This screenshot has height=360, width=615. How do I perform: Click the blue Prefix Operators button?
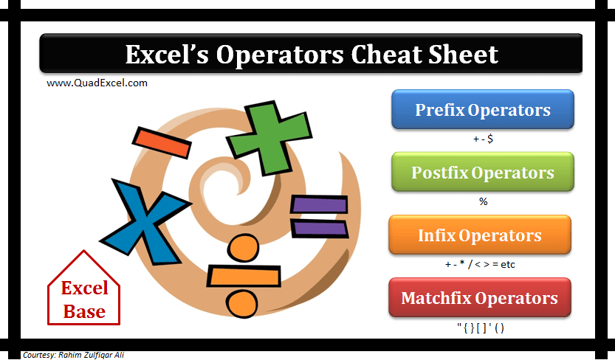click(482, 111)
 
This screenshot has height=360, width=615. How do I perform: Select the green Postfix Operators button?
click(482, 173)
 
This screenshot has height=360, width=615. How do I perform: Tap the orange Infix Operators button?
click(479, 235)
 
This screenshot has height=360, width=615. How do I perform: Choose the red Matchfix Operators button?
click(479, 298)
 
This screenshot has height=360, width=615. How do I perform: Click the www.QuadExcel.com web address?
click(97, 83)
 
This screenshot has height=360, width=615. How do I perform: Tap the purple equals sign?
click(319, 215)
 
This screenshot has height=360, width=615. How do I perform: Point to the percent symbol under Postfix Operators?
click(483, 201)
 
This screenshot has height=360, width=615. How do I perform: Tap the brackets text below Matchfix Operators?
click(480, 328)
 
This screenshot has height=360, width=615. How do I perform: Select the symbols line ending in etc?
click(480, 264)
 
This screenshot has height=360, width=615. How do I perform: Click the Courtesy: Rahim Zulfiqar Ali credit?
click(73, 355)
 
